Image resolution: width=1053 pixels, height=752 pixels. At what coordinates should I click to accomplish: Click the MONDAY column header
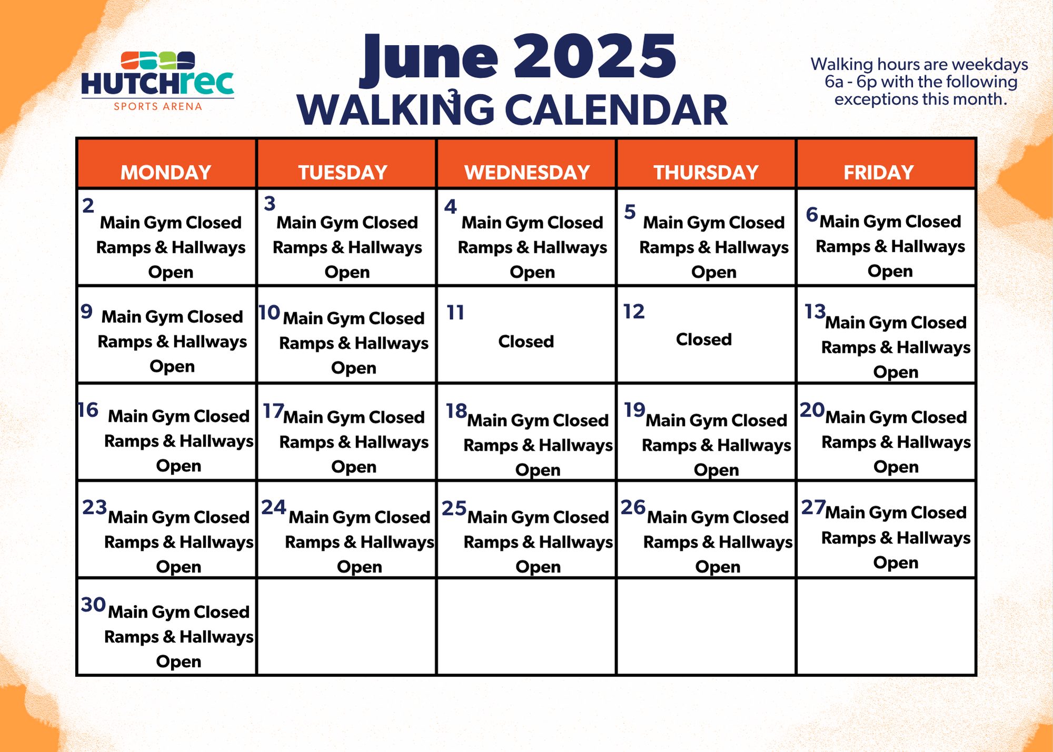(x=166, y=173)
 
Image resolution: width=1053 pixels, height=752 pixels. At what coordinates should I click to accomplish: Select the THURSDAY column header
(x=706, y=173)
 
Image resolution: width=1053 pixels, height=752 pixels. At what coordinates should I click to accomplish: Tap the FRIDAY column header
(x=879, y=173)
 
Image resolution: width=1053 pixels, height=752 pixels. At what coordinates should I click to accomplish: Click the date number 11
(x=455, y=313)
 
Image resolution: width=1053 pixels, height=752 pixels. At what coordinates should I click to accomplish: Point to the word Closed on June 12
(x=704, y=340)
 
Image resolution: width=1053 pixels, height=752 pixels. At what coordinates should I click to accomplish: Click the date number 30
(x=94, y=605)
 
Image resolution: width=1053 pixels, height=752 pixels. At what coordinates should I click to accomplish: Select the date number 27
(x=813, y=507)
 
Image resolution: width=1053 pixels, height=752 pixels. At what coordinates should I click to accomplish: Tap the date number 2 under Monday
(x=88, y=205)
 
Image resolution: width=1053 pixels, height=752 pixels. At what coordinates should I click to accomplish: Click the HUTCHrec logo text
(x=157, y=84)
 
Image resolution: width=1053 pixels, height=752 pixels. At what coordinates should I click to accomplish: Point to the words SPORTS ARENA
(x=158, y=106)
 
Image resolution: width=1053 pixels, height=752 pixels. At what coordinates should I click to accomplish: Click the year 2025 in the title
(x=595, y=57)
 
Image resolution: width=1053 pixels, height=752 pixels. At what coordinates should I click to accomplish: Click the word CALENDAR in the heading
(x=616, y=111)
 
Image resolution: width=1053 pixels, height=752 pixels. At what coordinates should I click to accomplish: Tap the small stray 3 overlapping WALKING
(x=453, y=96)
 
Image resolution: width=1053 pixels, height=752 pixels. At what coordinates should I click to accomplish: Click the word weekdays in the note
(x=990, y=65)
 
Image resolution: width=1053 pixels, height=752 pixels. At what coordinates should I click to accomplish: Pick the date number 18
(x=456, y=411)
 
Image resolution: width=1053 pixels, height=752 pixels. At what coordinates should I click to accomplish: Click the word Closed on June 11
(x=526, y=342)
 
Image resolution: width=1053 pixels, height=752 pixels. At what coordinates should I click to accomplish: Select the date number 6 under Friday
(x=812, y=214)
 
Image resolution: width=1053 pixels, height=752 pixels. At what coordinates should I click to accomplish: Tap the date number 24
(x=274, y=507)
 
